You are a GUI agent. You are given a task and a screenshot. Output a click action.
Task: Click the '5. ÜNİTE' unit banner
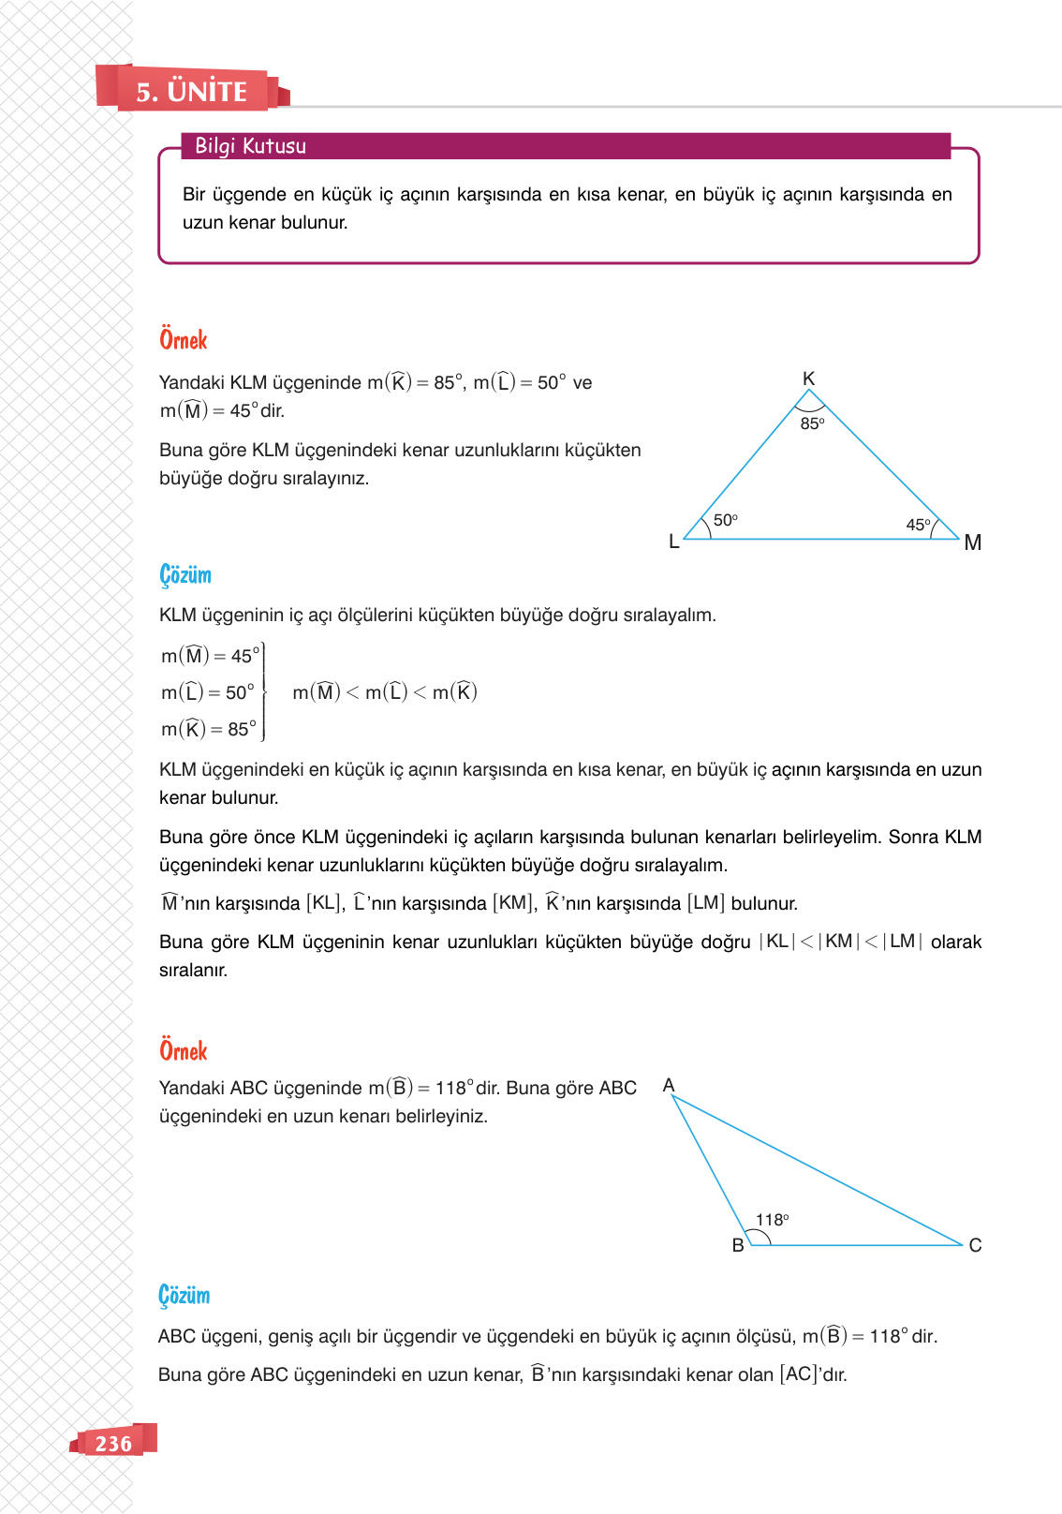192,91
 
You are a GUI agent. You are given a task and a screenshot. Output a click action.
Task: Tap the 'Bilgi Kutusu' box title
250,146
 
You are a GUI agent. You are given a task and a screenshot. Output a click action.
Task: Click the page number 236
113,1443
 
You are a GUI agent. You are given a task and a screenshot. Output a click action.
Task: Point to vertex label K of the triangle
809,378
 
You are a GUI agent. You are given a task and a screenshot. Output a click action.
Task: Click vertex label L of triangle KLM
673,542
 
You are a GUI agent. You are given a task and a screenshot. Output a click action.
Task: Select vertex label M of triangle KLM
973,542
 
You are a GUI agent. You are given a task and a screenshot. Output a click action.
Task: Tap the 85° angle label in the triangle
812,423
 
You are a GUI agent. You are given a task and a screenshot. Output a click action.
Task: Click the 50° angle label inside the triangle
726,520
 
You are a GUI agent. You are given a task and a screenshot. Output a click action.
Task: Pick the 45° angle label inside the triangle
918,525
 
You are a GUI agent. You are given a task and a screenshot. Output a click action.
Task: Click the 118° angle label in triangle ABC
773,1220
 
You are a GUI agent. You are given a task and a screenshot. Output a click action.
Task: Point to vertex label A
669,1085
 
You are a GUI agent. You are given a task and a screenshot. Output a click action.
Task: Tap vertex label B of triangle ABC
738,1245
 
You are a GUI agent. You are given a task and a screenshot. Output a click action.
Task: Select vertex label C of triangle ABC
975,1245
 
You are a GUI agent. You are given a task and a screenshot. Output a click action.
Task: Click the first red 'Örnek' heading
184,340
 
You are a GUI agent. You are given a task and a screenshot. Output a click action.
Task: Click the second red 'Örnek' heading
184,1051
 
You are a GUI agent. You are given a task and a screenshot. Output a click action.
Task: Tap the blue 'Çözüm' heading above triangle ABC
185,574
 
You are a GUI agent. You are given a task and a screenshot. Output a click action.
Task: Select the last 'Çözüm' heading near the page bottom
184,1296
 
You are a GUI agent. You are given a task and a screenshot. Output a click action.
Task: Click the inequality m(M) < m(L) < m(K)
385,692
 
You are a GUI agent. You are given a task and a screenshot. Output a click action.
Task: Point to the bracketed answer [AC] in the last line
799,1374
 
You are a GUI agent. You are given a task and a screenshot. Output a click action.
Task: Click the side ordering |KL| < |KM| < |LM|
840,942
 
